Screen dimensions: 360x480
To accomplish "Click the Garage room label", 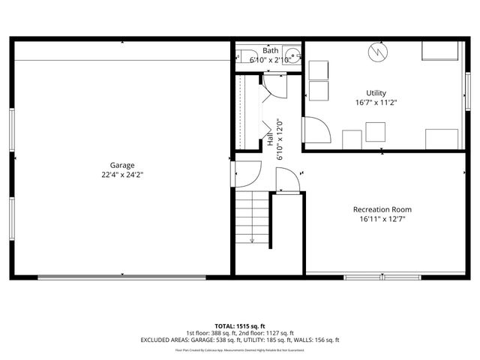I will tap(121, 165).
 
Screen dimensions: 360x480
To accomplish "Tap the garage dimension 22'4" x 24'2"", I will tap(121, 174).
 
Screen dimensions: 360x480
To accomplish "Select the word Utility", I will tap(376, 93).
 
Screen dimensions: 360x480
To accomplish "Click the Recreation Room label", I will tap(382, 209).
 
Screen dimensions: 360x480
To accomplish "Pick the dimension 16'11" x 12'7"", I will tap(382, 219).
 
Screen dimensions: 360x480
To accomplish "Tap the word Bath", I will tap(270, 50).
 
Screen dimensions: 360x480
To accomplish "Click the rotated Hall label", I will tap(270, 140).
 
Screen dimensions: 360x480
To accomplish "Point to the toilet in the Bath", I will tap(245, 55).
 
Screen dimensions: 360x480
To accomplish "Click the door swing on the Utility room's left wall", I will tap(315, 130).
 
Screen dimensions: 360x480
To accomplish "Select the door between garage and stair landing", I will tap(246, 178).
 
